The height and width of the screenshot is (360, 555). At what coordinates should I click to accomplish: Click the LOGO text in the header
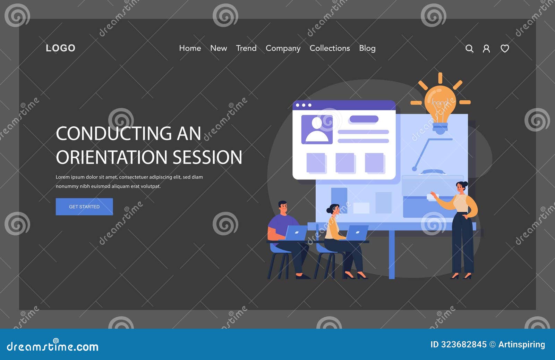coord(60,48)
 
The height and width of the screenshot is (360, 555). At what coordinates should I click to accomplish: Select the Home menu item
coord(190,48)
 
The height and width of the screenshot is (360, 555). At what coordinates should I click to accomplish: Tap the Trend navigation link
coord(246,48)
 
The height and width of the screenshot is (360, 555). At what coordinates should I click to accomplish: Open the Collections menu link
coord(330,48)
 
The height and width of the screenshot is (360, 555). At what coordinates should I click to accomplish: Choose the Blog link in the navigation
coord(367,48)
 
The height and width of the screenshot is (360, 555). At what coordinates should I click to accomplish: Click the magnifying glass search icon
coord(469,49)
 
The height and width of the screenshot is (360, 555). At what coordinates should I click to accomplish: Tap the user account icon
coord(486,49)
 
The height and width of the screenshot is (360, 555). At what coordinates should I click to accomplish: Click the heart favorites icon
coord(505,49)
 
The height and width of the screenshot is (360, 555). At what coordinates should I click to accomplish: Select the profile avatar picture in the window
coord(317,129)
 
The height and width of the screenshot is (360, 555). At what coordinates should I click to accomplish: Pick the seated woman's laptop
coord(357,233)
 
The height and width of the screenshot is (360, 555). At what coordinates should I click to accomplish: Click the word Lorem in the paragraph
coord(62,177)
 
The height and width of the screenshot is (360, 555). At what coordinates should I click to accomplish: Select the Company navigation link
coord(283,48)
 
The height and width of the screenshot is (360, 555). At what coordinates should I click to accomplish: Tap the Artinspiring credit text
coord(521,344)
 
